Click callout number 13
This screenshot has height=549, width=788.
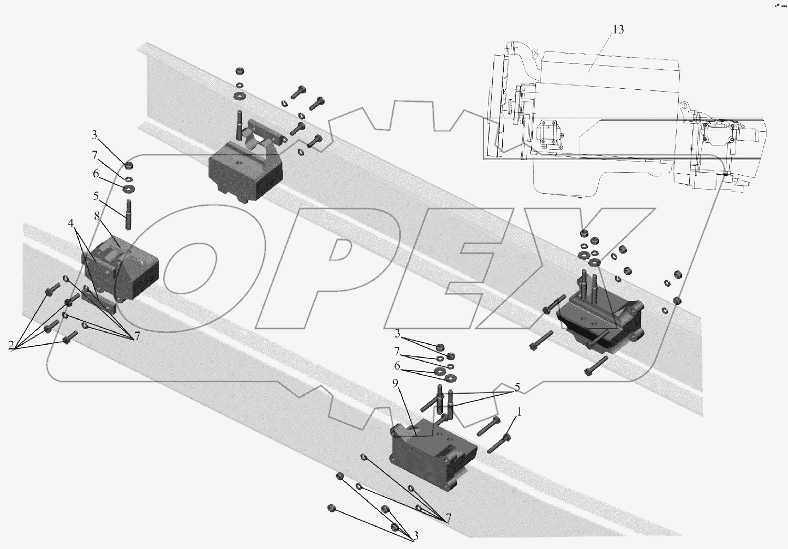tap(618, 29)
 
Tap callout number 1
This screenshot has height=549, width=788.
tap(520, 413)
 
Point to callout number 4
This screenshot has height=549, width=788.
tap(70, 223)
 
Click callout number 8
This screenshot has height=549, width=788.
tap(97, 216)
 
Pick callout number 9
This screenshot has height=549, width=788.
tap(395, 384)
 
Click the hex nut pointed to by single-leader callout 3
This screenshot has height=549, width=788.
tap(128, 166)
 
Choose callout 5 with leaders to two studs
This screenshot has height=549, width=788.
tap(517, 388)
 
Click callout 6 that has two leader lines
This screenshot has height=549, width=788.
tap(397, 366)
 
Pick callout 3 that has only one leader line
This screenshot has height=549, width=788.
tap(95, 135)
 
